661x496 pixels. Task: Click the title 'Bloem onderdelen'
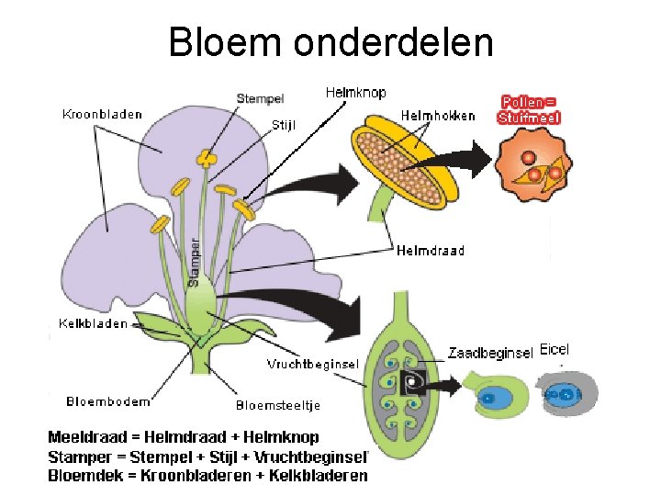coord(330,42)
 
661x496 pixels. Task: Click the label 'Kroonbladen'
coord(102,115)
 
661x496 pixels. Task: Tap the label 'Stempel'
coord(261,98)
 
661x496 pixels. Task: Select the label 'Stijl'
coord(284,125)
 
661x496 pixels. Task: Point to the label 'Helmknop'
coord(355,92)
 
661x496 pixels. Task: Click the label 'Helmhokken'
coord(438,116)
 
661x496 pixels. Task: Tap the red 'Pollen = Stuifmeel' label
coord(530,109)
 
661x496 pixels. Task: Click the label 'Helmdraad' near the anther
coord(430,250)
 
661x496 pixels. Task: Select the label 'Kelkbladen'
coord(93,323)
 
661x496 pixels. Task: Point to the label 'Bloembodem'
coord(108,400)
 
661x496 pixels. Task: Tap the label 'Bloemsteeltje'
coord(278,404)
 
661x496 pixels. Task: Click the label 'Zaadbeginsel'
coord(491,352)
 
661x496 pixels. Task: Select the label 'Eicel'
coord(555,350)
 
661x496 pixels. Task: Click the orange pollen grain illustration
coord(533,166)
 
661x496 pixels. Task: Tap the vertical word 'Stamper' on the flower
coord(195,262)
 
